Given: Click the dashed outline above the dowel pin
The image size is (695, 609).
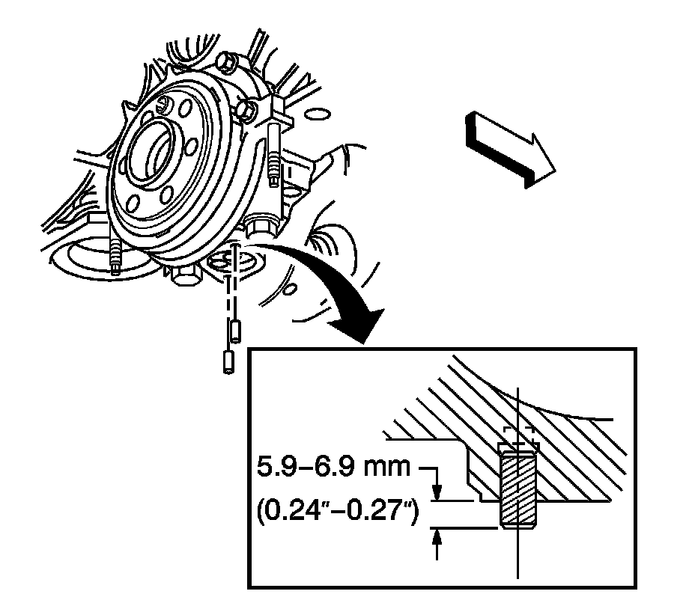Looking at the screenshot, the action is click(518, 434).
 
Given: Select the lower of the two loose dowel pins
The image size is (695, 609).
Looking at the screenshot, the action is click(225, 363).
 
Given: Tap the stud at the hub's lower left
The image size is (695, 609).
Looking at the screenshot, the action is click(116, 258).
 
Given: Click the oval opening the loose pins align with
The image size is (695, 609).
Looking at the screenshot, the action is click(231, 263).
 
